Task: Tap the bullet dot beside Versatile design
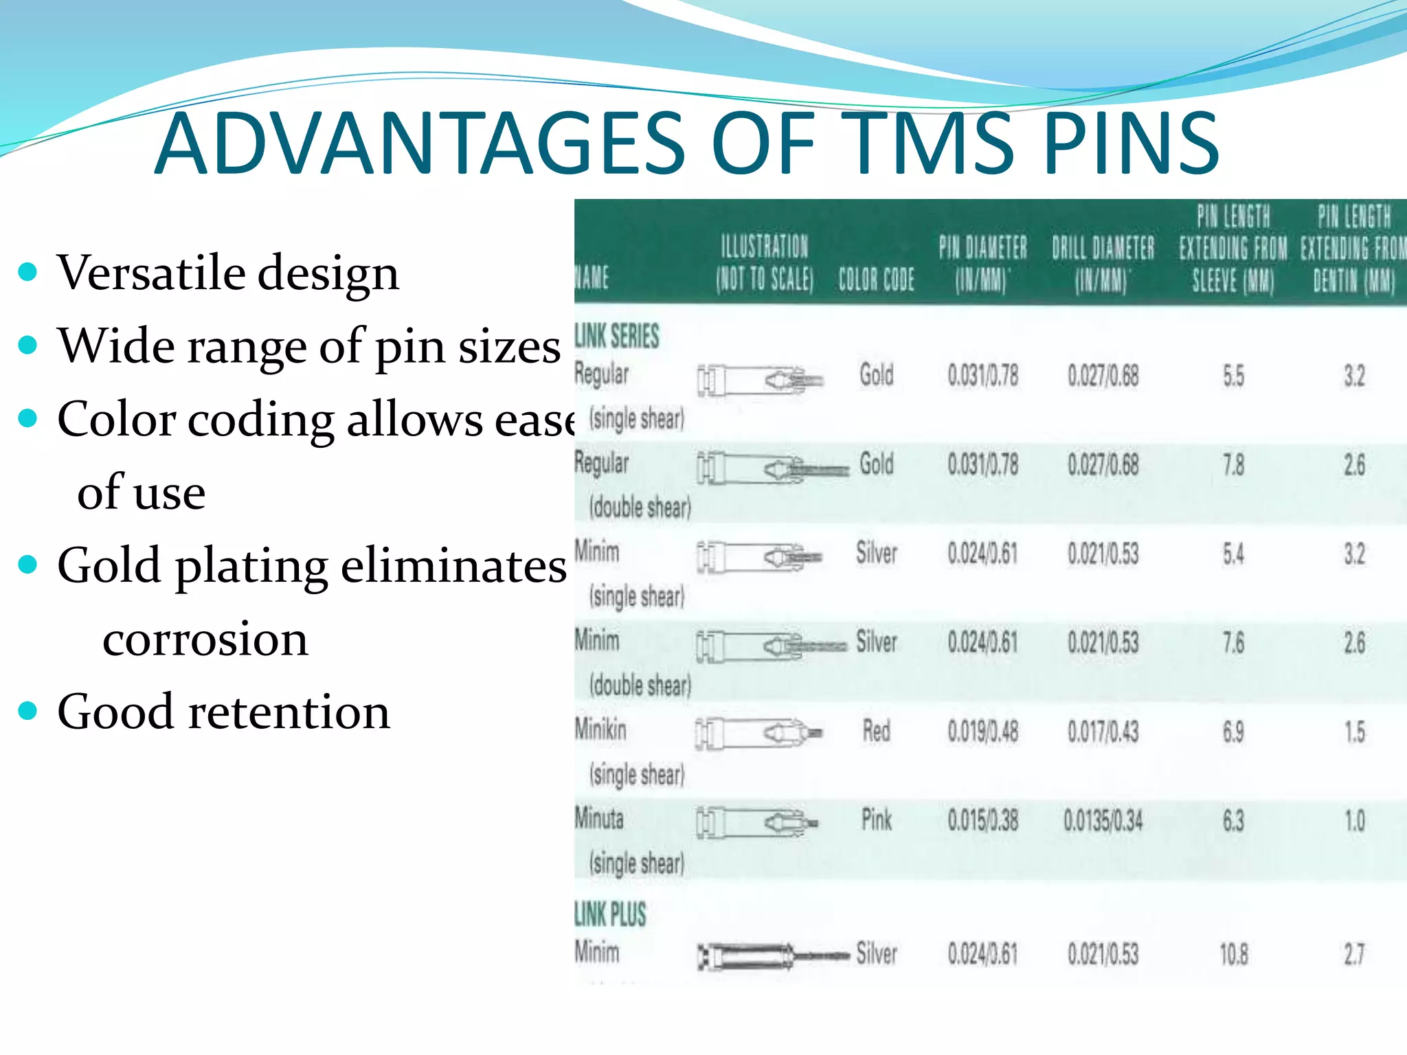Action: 27,272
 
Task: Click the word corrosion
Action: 205,639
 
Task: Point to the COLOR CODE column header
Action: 876,280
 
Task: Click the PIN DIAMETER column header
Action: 982,264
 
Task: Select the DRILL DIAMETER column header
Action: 1103,264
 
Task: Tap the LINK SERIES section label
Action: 617,336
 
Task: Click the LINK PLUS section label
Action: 611,914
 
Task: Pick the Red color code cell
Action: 877,731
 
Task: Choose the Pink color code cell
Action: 877,820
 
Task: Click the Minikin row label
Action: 601,729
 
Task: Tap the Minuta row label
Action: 600,819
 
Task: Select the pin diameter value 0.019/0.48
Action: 982,732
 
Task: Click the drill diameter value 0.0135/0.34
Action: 1103,821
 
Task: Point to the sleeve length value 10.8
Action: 1233,955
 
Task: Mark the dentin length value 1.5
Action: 1354,732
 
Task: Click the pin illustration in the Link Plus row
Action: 773,955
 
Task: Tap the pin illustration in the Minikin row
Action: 759,733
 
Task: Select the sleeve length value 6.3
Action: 1233,821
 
